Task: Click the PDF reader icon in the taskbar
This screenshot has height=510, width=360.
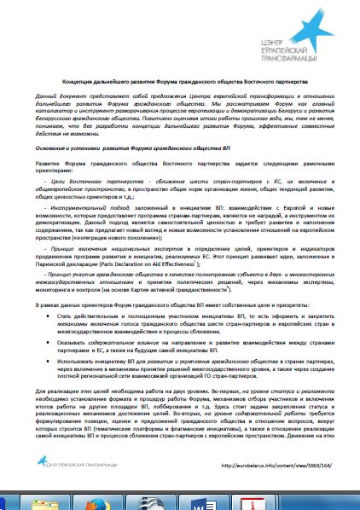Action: [x=254, y=499]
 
